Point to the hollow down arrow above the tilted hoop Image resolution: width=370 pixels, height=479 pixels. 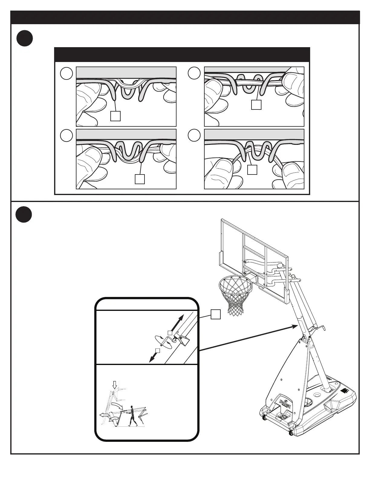tap(114, 385)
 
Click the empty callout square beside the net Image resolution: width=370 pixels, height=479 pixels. tap(215, 314)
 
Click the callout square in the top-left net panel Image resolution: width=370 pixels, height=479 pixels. tap(115, 116)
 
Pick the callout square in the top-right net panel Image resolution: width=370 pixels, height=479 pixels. tap(256, 105)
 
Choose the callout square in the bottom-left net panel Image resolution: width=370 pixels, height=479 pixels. tap(139, 179)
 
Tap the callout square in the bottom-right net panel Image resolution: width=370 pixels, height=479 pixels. tap(252, 170)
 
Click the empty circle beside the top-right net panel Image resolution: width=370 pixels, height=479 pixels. tap(194, 73)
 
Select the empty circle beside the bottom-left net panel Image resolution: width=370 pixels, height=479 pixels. tap(66, 135)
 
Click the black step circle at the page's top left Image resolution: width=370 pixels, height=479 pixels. tap(24, 39)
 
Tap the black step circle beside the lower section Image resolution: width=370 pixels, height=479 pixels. tap(24, 215)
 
